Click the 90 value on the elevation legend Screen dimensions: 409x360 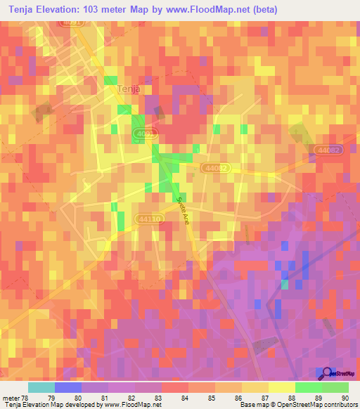[x=344, y=398]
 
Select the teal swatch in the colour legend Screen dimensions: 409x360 [x=41, y=387]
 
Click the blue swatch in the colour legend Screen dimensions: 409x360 [x=68, y=387]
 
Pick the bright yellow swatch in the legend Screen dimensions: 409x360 [x=282, y=387]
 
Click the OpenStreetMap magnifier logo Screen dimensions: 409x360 [x=325, y=373]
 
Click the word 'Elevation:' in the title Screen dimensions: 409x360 [x=61, y=9]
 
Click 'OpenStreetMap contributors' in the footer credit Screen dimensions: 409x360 [x=317, y=405]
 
